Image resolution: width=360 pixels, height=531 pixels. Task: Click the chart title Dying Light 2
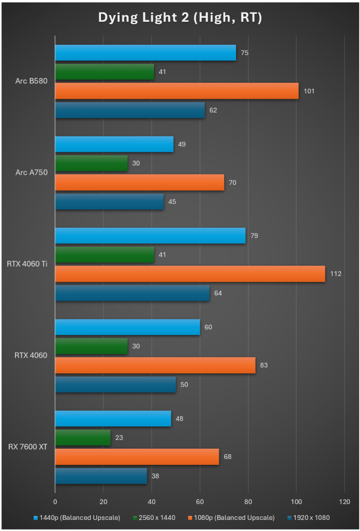(x=180, y=17)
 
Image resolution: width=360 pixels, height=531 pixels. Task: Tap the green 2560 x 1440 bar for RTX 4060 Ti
(x=105, y=255)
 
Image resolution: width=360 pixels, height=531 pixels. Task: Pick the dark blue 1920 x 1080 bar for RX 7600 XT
(x=101, y=476)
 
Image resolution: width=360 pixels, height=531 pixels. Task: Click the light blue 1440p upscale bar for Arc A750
(x=114, y=144)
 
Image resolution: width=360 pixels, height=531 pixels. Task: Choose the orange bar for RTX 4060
(x=155, y=365)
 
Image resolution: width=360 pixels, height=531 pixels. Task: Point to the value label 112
(x=335, y=274)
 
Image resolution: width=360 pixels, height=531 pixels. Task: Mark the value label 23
(x=119, y=438)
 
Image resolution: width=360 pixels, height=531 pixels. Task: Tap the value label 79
(x=254, y=236)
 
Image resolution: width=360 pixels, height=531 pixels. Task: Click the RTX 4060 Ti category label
(x=27, y=264)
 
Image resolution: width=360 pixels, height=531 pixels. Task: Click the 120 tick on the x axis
(x=344, y=502)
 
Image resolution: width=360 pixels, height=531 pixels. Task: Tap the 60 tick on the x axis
(x=200, y=502)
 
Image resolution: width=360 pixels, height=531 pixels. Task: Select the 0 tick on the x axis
(x=55, y=502)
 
